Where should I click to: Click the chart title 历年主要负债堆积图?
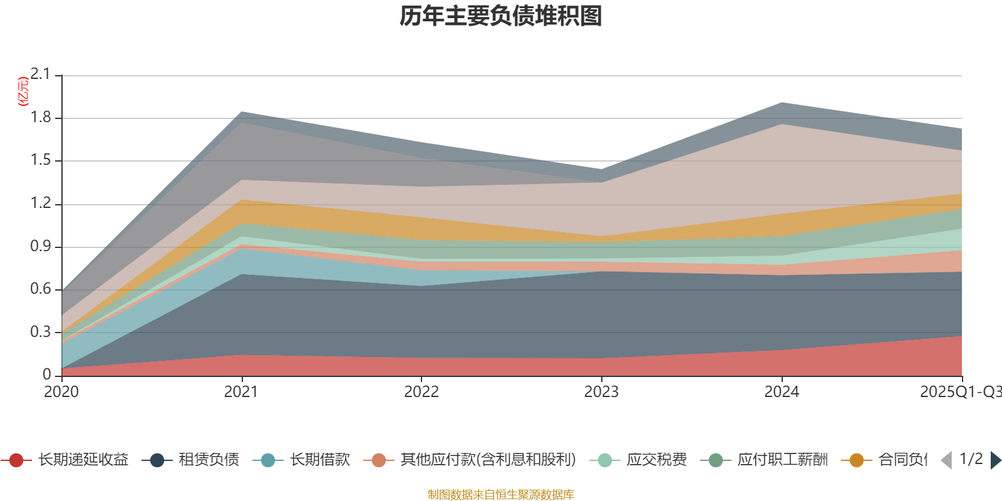[x=501, y=16]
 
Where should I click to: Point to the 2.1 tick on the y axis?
[x=41, y=75]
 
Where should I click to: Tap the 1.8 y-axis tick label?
[x=41, y=118]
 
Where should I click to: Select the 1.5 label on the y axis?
[x=41, y=160]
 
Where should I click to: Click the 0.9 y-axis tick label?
[x=41, y=247]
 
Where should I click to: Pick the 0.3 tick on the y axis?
[x=41, y=332]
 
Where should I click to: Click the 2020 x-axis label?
[x=61, y=392]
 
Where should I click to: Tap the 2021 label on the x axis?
[x=241, y=392]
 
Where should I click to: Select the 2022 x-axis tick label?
[x=421, y=392]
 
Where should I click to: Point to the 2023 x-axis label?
[x=601, y=392]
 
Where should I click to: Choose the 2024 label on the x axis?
[x=782, y=392]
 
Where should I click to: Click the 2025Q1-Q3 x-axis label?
[x=959, y=392]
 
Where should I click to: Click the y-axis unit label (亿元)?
[x=23, y=91]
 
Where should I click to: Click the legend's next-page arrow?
[x=995, y=460]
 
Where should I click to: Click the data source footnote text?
[x=501, y=495]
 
